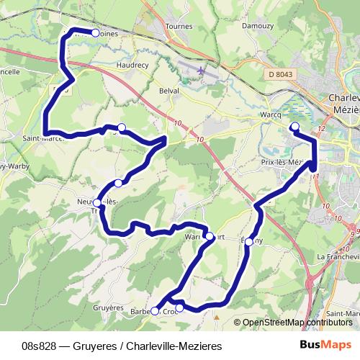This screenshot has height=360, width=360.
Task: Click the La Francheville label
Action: [x=337, y=256]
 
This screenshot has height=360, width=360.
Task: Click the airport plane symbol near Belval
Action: [x=201, y=71]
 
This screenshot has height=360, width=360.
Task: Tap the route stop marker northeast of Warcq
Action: [x=294, y=127]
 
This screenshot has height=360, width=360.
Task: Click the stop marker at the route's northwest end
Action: [x=95, y=32]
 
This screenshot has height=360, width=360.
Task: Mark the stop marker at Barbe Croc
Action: [x=155, y=311]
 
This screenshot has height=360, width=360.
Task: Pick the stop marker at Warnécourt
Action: [x=209, y=235]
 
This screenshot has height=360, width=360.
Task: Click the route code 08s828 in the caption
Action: [x=38, y=346]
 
